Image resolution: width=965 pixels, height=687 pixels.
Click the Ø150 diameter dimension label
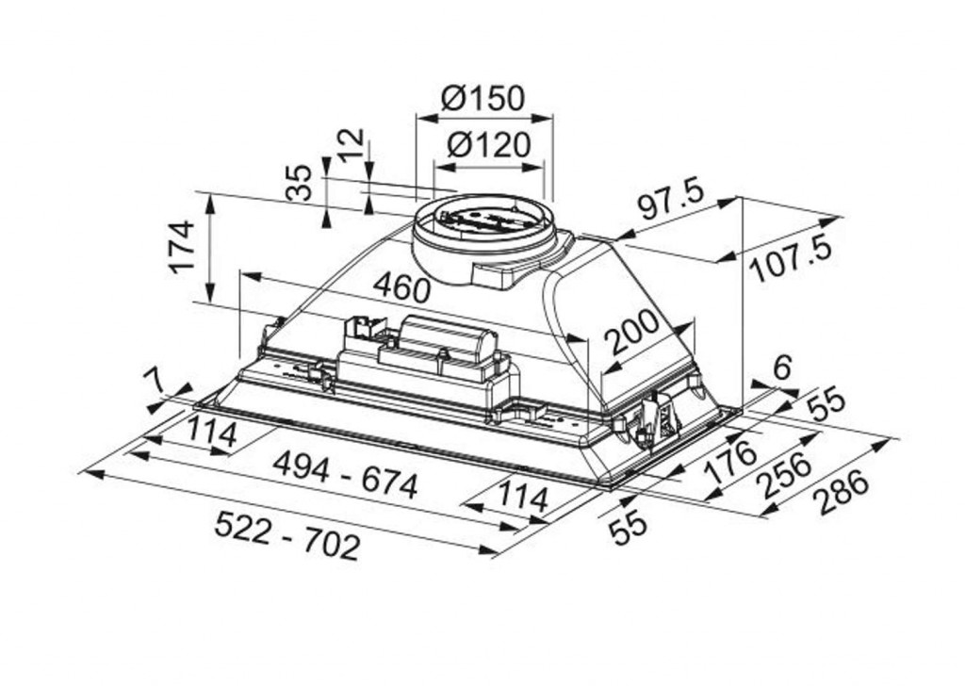pos(483,98)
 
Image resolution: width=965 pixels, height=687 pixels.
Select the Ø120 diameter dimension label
pos(488,145)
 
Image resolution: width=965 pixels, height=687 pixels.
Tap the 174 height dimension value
pos(182,247)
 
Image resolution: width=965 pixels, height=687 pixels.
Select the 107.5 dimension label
pos(793,258)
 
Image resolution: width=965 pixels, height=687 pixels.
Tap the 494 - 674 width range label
pos(345,475)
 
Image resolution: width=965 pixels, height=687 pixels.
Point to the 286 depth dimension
pos(842,493)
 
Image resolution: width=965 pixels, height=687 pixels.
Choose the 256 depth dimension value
pos(785,475)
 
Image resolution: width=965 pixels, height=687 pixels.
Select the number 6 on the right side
pos(780,368)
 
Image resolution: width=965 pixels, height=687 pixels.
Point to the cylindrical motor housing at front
pos(448,337)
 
